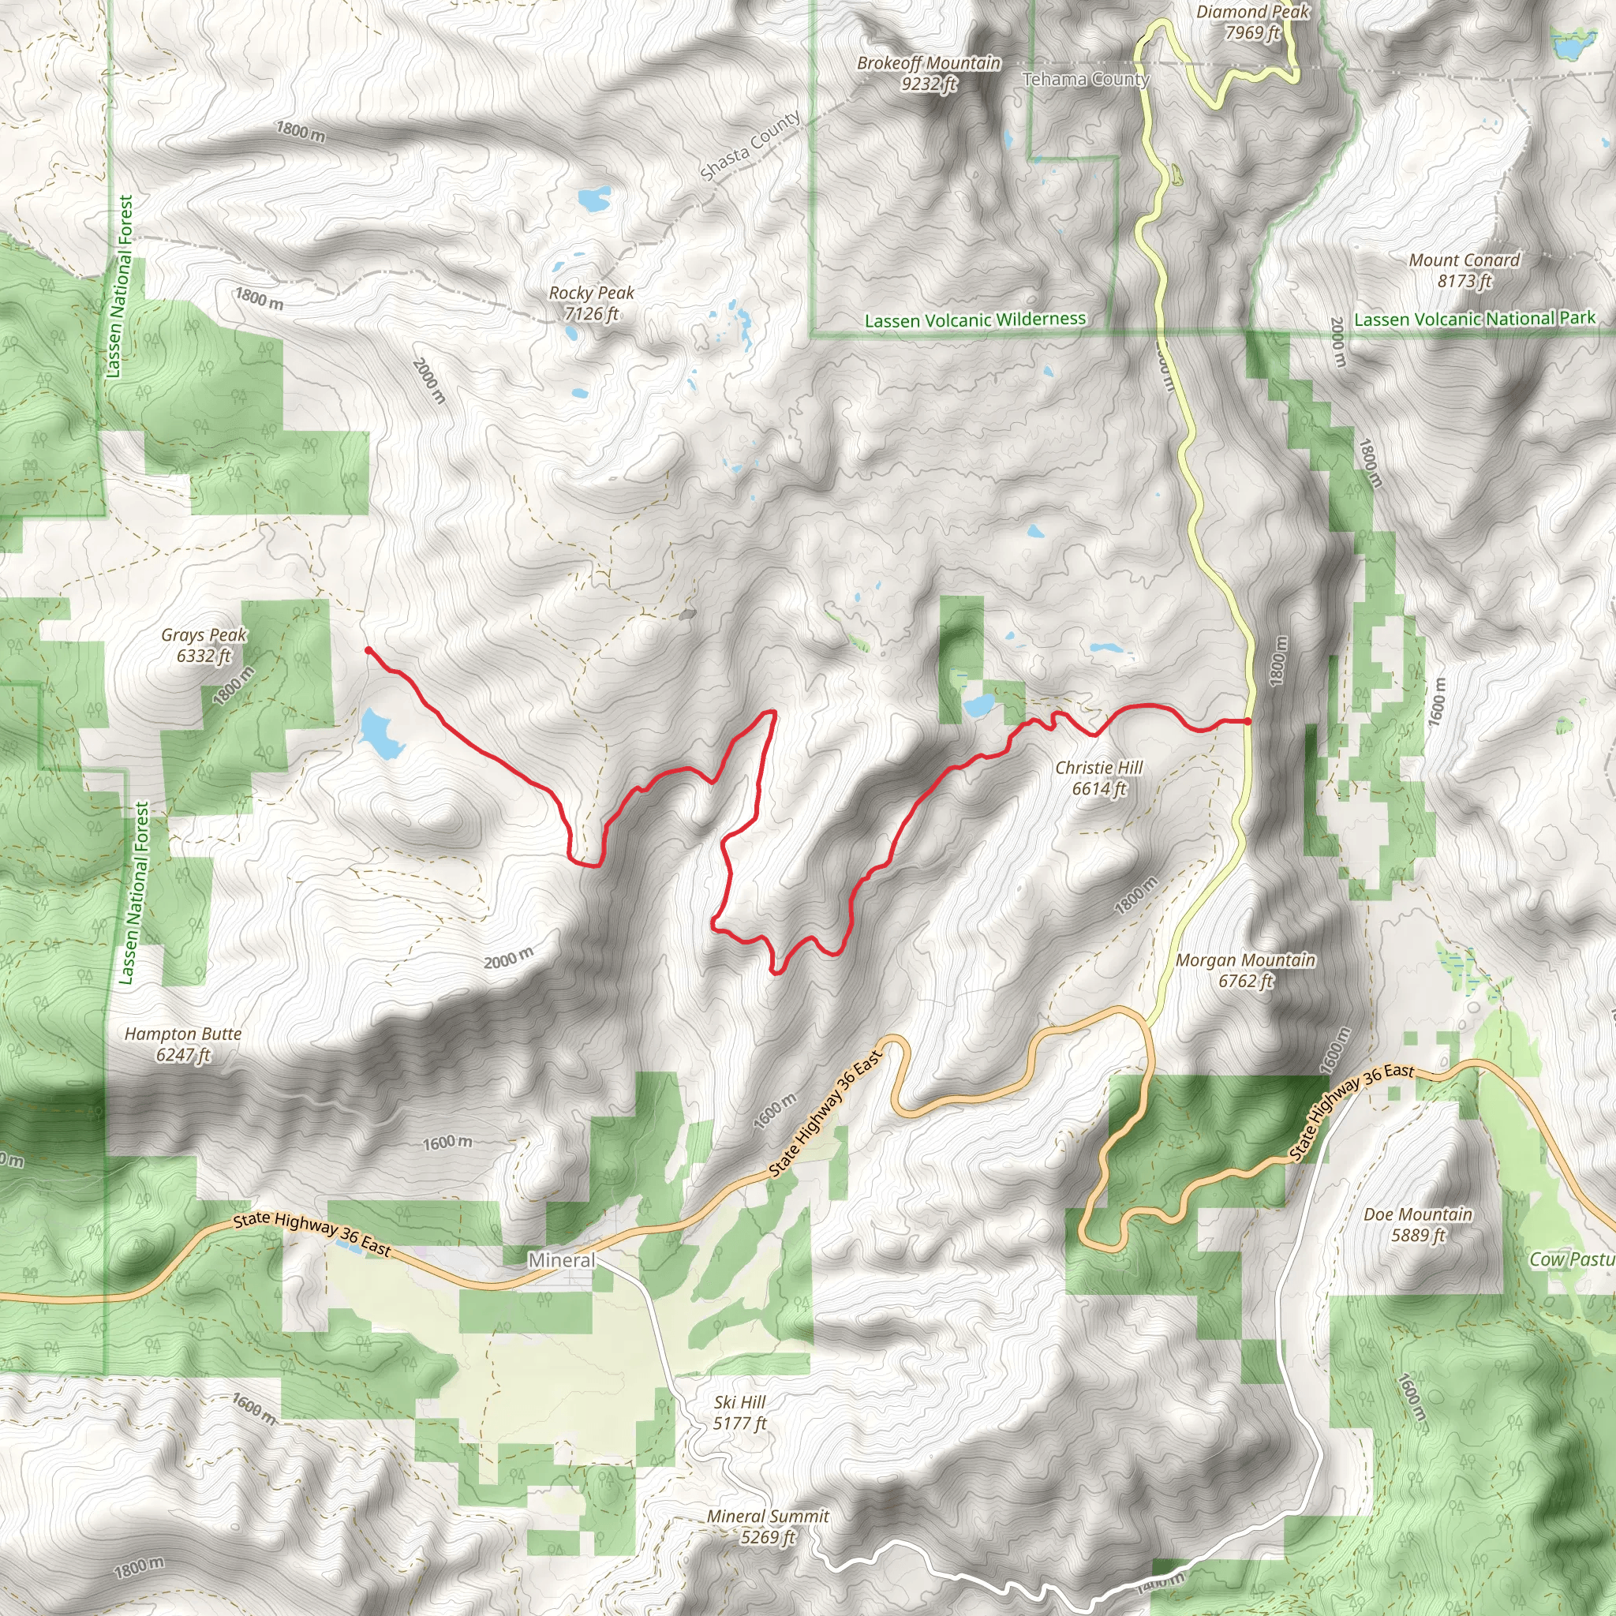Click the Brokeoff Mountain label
click(x=929, y=73)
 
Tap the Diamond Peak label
click(x=1252, y=22)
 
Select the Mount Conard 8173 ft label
click(x=1464, y=270)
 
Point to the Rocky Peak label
click(x=591, y=303)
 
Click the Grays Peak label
click(x=204, y=645)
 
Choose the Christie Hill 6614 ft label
click(x=1099, y=777)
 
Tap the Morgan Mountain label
click(x=1245, y=971)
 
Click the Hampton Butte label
click(x=183, y=1044)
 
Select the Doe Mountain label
click(x=1418, y=1224)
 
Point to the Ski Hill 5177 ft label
click(x=739, y=1412)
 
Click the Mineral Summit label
click(x=768, y=1526)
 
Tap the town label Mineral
click(x=562, y=1259)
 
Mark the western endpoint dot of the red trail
click(x=368, y=650)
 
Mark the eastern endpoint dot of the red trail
click(x=1248, y=720)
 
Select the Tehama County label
click(x=1086, y=80)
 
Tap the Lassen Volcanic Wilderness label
click(x=975, y=320)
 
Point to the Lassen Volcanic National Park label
click(x=1475, y=319)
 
